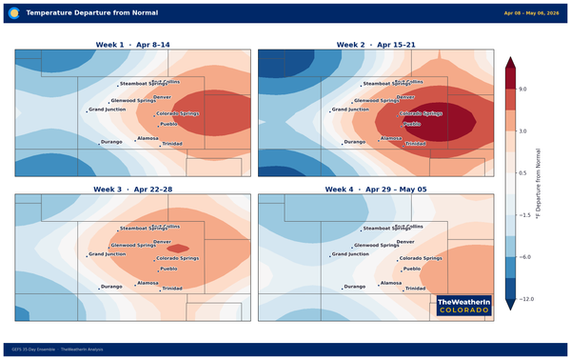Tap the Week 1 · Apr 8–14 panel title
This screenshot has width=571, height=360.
point(132,45)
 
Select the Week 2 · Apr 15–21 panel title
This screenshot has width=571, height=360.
point(376,45)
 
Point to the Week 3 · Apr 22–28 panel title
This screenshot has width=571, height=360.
point(132,190)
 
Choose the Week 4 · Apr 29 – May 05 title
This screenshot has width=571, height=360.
point(376,190)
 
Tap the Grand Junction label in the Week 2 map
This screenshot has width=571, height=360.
point(351,110)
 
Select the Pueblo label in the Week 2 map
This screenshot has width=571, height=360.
point(412,124)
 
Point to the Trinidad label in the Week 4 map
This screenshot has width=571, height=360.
point(416,288)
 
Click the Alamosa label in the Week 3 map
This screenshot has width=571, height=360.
point(148,283)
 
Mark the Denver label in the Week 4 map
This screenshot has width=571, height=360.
point(405,242)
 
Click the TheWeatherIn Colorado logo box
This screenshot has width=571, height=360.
point(463,305)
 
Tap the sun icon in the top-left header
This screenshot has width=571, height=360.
point(13,13)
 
